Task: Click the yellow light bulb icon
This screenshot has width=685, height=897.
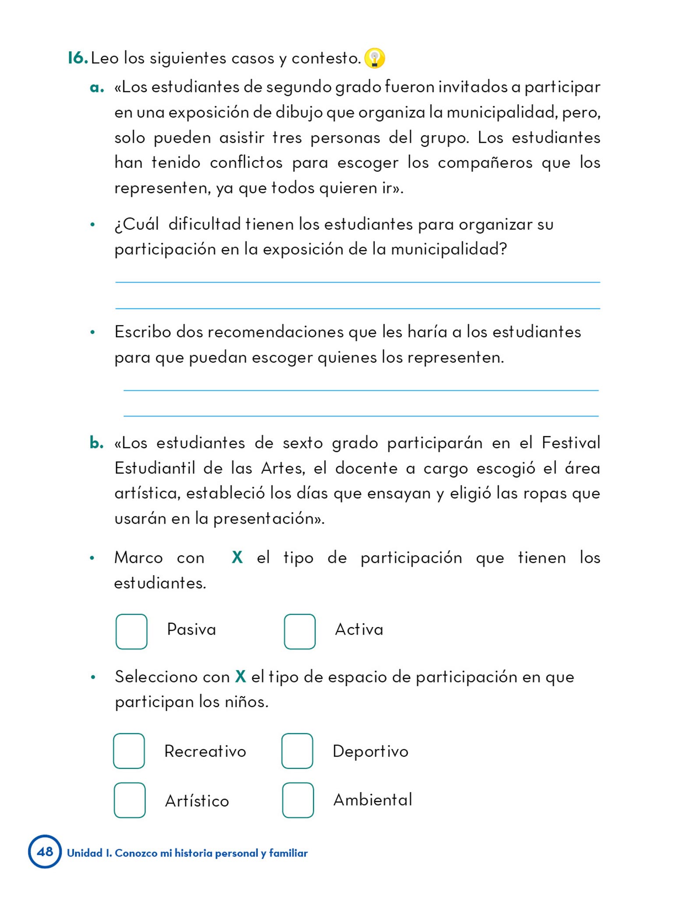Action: [374, 58]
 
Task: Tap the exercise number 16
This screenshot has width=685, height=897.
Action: [78, 58]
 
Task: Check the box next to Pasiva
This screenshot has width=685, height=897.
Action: [131, 631]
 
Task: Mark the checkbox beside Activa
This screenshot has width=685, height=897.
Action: [300, 631]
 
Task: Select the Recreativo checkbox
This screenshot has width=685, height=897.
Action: [129, 751]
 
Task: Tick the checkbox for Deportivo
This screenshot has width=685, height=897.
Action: [297, 751]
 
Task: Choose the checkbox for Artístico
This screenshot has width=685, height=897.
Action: [130, 800]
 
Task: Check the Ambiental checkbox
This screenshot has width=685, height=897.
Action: [298, 800]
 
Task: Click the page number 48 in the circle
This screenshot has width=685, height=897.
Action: [45, 851]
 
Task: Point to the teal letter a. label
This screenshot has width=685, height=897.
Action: [96, 88]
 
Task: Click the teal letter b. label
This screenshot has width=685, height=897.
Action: [96, 443]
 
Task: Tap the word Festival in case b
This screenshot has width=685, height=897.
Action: [571, 443]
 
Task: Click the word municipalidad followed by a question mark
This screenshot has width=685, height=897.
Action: [448, 249]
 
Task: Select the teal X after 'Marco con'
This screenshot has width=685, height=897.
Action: [237, 558]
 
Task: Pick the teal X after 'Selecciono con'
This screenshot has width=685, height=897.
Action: [240, 677]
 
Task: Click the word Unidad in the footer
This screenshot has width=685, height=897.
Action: [85, 853]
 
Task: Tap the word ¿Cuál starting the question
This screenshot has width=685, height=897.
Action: [136, 224]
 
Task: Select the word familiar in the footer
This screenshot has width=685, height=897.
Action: [288, 853]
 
